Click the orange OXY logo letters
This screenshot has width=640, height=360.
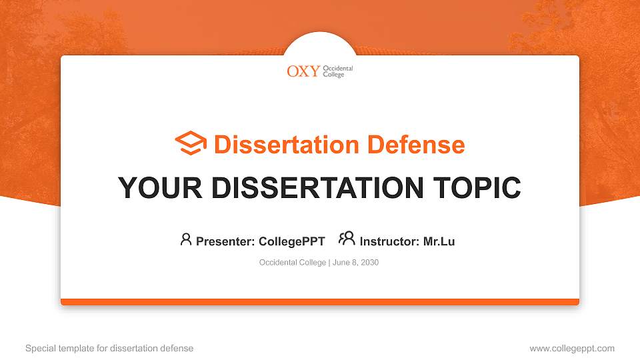[303, 71]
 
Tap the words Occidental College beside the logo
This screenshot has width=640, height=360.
[338, 71]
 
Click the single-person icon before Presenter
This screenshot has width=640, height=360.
[186, 239]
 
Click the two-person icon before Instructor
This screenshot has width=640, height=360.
[347, 239]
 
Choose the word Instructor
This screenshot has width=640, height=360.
[389, 241]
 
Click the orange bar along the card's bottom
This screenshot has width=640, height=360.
[320, 302]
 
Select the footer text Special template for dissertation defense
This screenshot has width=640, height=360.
[109, 348]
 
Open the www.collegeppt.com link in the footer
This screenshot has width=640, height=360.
[572, 348]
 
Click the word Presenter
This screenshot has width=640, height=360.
[222, 241]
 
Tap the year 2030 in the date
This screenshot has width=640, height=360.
[369, 263]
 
